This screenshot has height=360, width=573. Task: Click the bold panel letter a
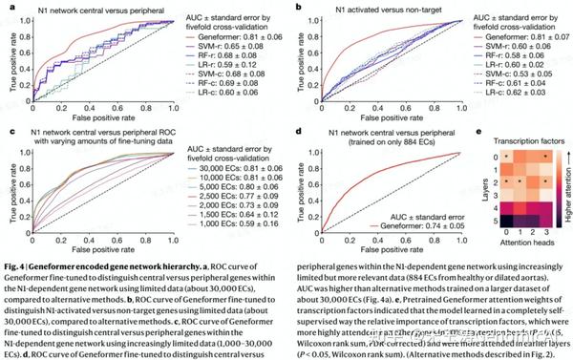(7, 7)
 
